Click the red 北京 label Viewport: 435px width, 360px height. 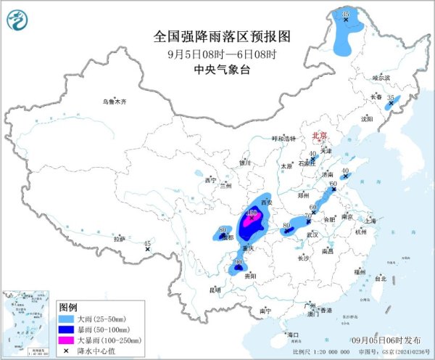(x=320, y=135)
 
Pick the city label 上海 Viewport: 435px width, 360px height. (x=371, y=220)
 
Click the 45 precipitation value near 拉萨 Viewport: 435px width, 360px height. (x=148, y=244)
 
